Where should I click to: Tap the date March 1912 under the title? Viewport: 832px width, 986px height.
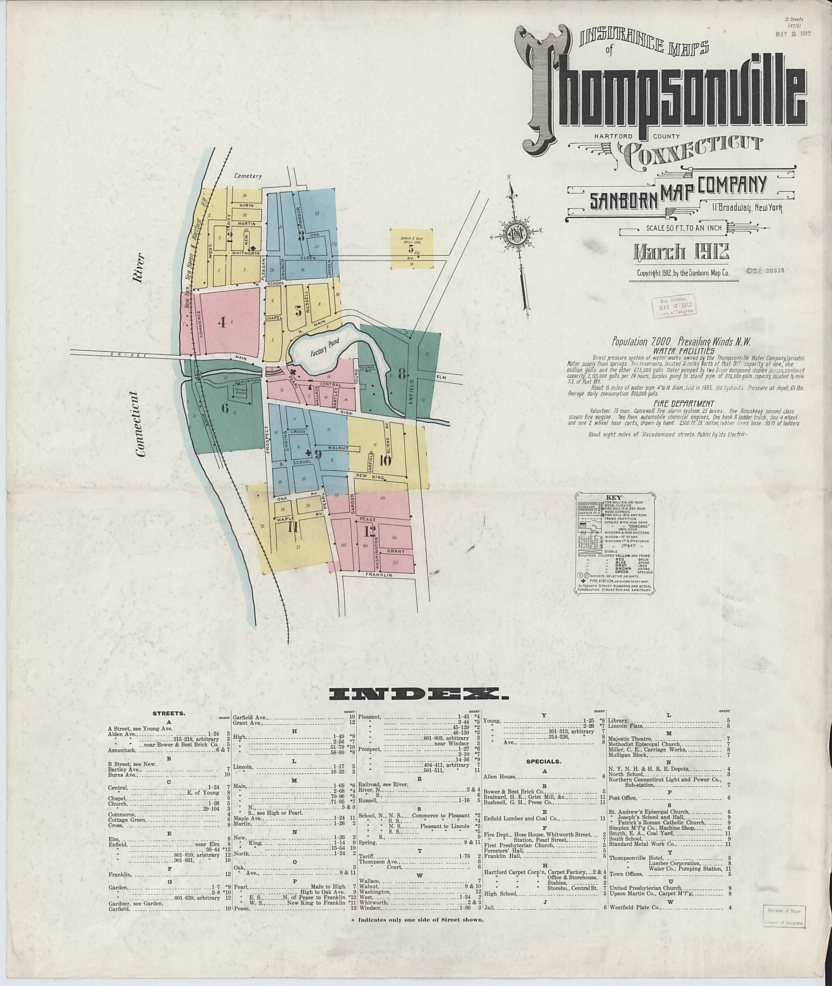(x=682, y=252)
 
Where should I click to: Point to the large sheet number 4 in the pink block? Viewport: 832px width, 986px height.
(x=222, y=322)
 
